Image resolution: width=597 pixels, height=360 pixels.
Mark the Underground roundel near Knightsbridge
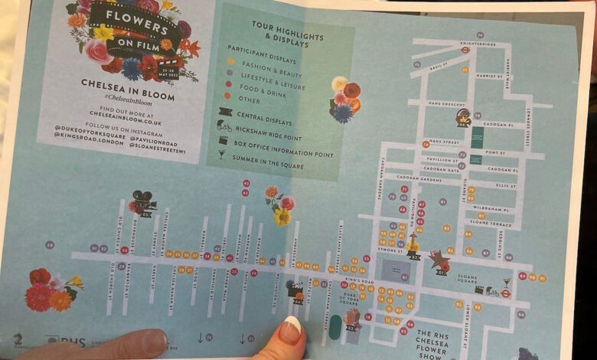[465, 51]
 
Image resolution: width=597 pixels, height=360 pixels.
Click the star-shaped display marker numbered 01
[440, 259]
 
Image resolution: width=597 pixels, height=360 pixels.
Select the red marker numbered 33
[125, 250]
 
